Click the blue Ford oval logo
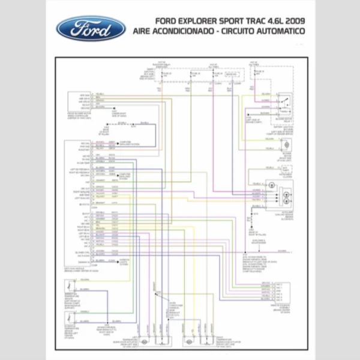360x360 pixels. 91,28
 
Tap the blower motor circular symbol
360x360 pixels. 286,145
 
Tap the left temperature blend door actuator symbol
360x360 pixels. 145,340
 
